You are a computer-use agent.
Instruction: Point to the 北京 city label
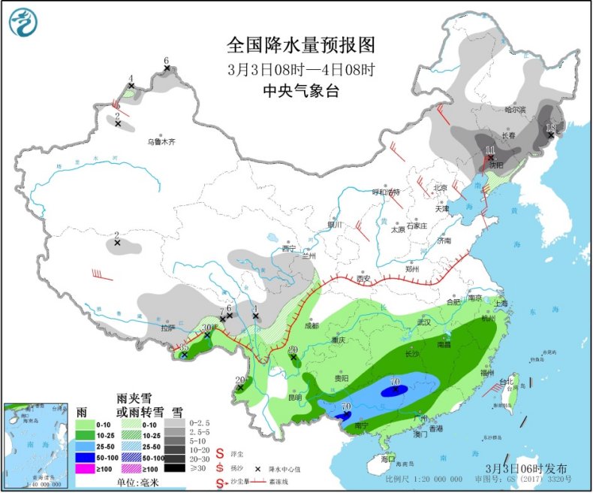coord(440,188)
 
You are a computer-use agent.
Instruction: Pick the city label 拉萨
coord(167,328)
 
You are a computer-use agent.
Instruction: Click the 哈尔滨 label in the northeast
coord(516,110)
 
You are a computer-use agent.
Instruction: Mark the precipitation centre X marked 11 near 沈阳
coord(490,158)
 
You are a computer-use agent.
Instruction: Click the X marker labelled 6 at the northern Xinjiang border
coord(167,69)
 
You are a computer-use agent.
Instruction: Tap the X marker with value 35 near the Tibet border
coord(184,355)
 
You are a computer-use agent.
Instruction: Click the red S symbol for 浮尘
coord(220,454)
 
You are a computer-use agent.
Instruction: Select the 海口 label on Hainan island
coord(387,458)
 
